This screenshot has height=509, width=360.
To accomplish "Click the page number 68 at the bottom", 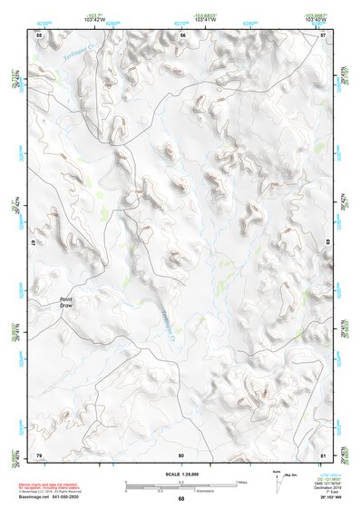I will coord(180,499).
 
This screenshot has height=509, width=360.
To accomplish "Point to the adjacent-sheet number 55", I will coord(39,34).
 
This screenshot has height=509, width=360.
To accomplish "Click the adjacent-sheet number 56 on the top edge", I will coord(182,34).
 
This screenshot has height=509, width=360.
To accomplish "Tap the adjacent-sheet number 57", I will coord(324,34).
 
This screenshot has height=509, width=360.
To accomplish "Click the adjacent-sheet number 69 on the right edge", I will coord(326,244).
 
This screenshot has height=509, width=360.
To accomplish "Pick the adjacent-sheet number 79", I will coord(39,454).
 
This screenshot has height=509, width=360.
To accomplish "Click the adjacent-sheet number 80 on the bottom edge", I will coord(181,454).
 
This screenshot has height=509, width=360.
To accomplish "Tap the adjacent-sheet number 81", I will coord(324,454).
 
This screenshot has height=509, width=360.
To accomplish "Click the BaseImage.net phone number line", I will coord(47,498).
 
